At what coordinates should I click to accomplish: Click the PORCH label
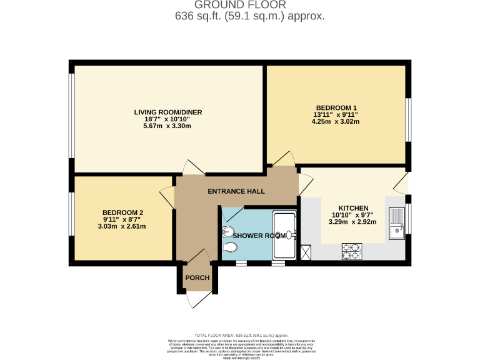pos(197,278)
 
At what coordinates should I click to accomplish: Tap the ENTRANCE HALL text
pos(236,191)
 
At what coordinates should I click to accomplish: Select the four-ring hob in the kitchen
pos(351,251)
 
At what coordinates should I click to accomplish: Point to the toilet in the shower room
pos(229,248)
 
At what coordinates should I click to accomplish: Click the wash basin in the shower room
pos(226,231)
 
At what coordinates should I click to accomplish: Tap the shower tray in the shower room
pos(285,235)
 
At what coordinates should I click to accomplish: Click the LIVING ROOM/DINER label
pos(167,112)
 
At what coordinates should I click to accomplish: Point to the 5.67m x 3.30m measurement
pos(167,127)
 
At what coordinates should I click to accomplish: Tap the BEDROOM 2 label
pos(123,212)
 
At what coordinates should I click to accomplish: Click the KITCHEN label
pos(353,208)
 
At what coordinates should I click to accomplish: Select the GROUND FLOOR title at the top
pos(249,6)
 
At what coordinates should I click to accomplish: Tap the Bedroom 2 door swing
pos(167,197)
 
